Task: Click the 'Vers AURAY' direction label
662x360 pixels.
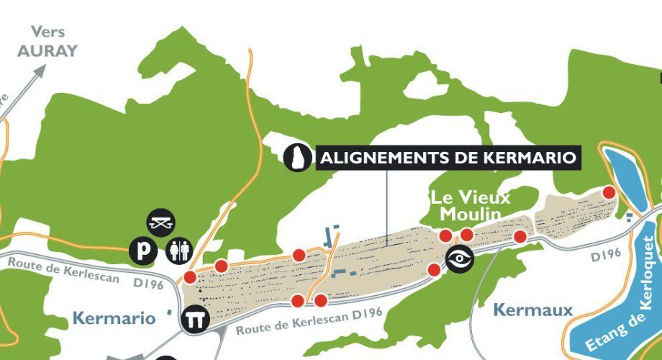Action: coord(47,42)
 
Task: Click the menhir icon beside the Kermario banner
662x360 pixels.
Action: coord(294,157)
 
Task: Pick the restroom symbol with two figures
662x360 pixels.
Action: coord(179,251)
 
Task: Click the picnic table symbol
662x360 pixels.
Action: coord(160,223)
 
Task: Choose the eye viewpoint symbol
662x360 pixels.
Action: coord(458,259)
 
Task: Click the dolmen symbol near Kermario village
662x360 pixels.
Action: coord(194,319)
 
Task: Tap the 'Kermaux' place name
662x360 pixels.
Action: coord(533,310)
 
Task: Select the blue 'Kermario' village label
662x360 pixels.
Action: coord(114,318)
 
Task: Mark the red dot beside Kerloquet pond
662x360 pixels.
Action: coord(609,192)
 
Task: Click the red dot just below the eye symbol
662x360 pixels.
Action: coord(434,269)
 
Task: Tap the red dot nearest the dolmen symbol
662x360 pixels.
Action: coord(190,277)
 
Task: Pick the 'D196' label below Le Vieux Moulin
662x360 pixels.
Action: coord(605,254)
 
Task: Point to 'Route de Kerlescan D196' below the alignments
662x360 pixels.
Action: coord(308,320)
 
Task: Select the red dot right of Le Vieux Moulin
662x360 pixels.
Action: coord(520,236)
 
